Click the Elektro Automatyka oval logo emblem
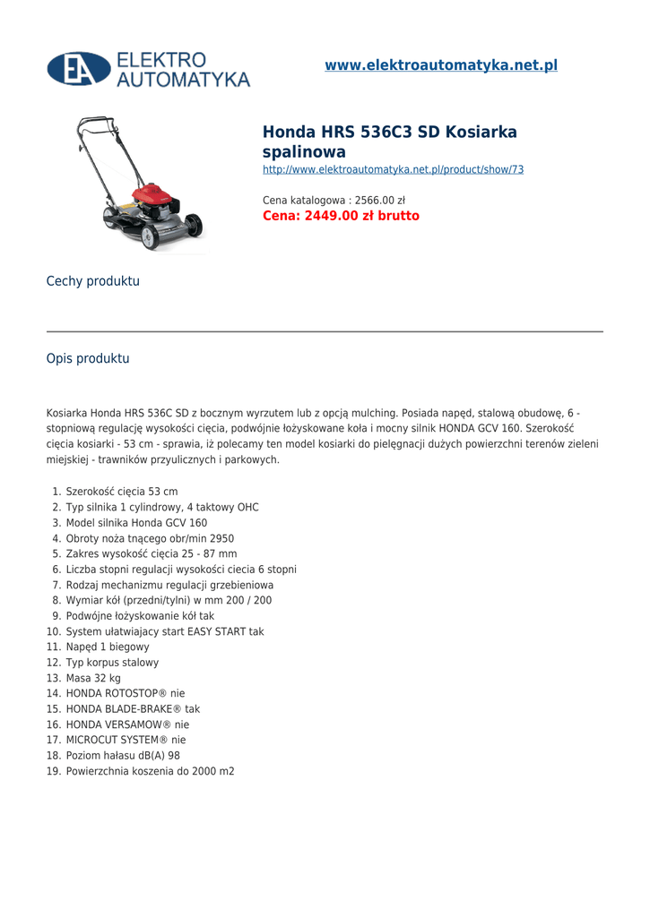pos(79,69)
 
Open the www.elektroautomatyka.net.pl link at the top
pos(441,65)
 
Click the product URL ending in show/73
pos(393,169)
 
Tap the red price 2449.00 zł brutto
pos(341,216)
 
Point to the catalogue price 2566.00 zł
pos(380,200)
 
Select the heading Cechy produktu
pos(93,281)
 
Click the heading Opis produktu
pos(88,358)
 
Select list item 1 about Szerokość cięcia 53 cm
pos(122,492)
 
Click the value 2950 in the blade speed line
pos(221,538)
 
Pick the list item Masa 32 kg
pos(93,678)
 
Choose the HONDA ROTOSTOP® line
pos(126,693)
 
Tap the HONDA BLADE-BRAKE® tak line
pos(133,708)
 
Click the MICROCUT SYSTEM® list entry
pos(126,740)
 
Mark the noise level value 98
pos(174,755)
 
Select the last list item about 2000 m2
pos(150,771)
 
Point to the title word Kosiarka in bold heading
pos(481,133)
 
